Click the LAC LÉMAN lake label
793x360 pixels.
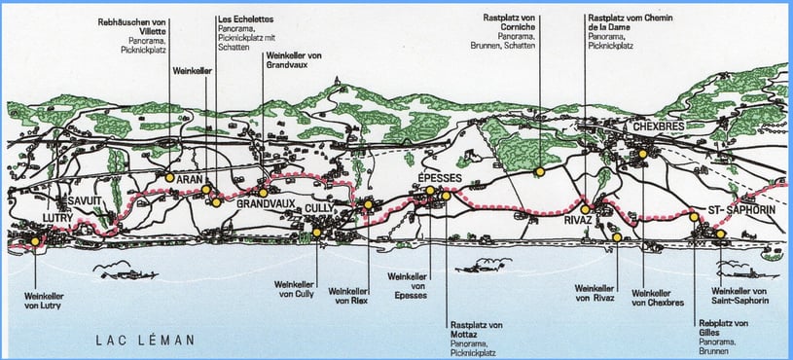coord(146,340)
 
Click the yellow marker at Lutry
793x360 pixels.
coord(35,240)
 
